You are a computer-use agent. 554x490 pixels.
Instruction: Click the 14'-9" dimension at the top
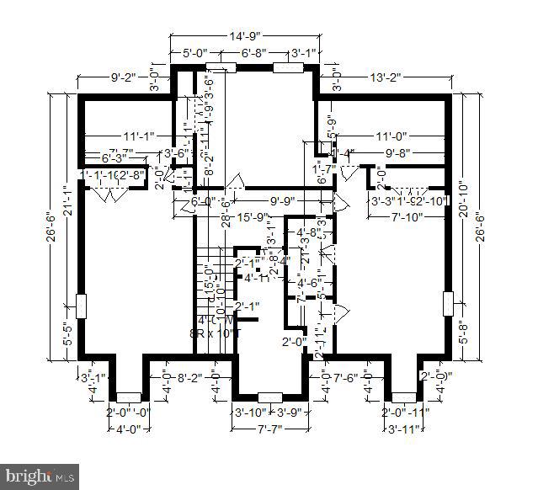point(242,36)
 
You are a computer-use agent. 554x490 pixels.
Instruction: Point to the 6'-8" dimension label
point(254,53)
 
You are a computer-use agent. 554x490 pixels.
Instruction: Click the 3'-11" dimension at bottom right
point(402,429)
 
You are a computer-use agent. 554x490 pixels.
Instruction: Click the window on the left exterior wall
point(81,306)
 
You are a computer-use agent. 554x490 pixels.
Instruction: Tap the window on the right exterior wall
point(448,301)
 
